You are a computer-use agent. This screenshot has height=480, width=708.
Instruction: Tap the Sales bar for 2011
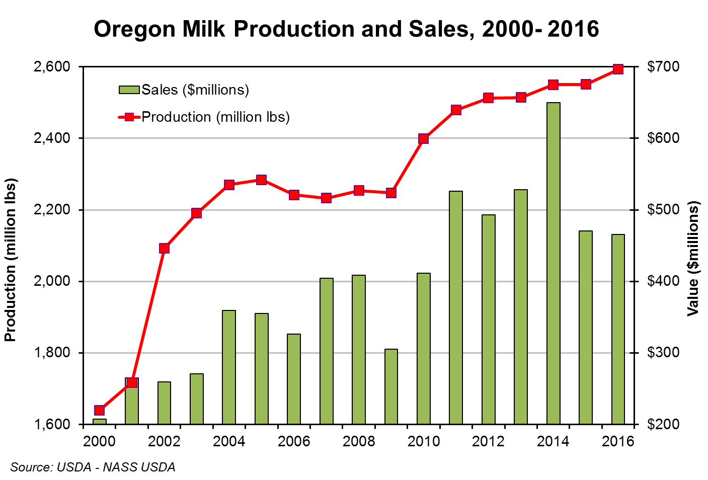coord(456,307)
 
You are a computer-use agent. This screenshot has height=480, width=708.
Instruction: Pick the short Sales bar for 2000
coord(99,422)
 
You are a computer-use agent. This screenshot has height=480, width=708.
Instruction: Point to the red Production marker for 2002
coord(164,248)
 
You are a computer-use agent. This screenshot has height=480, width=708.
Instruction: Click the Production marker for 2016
coord(618,69)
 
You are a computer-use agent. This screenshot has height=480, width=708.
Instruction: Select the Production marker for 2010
coord(423,139)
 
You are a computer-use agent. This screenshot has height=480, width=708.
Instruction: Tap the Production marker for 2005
coord(261,180)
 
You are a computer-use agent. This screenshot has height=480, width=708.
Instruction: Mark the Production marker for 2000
coord(99,410)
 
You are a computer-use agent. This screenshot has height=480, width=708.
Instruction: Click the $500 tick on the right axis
coord(663,209)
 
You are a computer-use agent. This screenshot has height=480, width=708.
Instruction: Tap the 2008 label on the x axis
coord(358,442)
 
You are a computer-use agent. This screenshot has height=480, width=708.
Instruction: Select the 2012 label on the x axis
coord(488,442)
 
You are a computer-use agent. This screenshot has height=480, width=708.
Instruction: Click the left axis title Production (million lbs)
coord(11,260)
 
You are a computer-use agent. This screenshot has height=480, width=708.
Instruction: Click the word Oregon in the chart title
coord(134,29)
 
